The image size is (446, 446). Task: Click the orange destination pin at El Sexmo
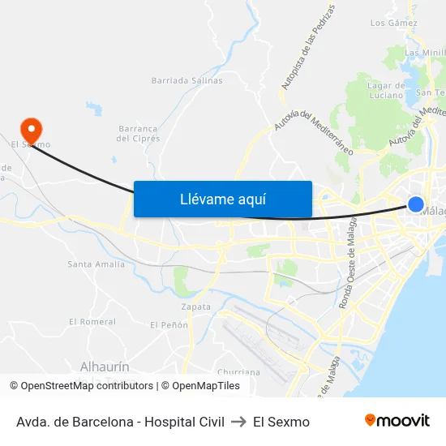coord(32,128)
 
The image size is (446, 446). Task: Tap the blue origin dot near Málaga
coord(415,204)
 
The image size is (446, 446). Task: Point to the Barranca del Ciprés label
coord(138,133)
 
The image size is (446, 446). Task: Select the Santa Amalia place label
coord(96,264)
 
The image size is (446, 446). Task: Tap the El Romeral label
coord(92,321)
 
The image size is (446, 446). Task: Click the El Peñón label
coord(169,325)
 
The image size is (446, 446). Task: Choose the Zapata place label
coord(196,307)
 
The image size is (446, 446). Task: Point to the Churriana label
coord(240,372)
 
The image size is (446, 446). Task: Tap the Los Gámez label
coord(393,23)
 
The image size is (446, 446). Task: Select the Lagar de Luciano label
coord(386,90)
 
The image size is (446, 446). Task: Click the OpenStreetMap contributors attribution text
coord(84,386)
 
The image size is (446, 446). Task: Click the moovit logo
coord(397,421)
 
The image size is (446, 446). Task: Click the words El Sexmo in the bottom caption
coord(281,422)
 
